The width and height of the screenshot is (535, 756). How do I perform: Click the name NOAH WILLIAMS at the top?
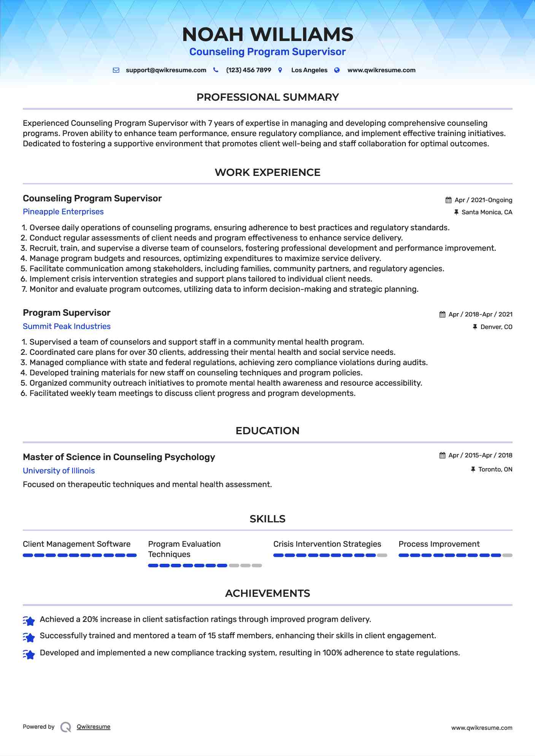[x=268, y=35]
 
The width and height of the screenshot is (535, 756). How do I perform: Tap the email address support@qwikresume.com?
[x=166, y=70]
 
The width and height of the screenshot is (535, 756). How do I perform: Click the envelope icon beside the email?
[x=116, y=70]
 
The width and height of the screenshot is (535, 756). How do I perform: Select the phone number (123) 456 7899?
[x=248, y=70]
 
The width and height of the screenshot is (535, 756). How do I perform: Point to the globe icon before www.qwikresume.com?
[x=337, y=70]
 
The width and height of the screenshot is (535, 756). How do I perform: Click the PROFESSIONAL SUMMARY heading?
[x=268, y=97]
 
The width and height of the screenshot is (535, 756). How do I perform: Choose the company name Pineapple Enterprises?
[x=63, y=212]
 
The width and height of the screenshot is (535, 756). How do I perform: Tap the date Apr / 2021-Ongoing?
[x=483, y=200]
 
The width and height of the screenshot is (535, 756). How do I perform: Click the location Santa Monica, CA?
[x=487, y=212]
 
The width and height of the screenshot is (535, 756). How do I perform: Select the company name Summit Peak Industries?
[x=67, y=326]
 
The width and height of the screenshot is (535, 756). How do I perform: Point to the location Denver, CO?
[x=496, y=327]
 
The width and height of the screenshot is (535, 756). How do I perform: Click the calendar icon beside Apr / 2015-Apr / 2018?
[x=442, y=455]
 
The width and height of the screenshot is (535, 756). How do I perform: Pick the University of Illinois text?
[x=59, y=471]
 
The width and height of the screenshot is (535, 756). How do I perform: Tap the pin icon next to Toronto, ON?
[x=473, y=470]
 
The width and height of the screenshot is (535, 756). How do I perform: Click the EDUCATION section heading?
[x=268, y=431]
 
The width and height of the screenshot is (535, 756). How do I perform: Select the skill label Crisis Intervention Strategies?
[x=327, y=544]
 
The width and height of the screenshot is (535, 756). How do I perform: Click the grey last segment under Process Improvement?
[x=507, y=555]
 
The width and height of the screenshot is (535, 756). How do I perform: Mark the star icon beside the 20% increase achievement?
[x=29, y=621]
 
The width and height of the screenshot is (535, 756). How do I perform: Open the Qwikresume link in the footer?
[x=94, y=727]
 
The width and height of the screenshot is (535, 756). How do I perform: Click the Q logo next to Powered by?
[x=66, y=727]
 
